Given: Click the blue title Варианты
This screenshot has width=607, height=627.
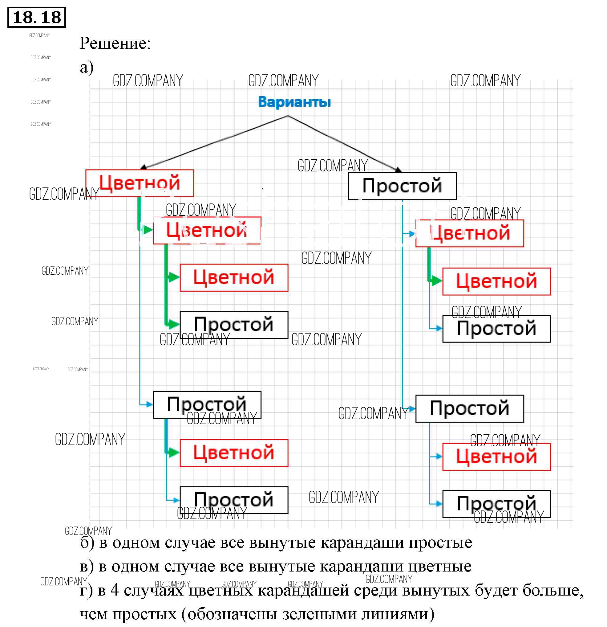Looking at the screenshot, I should [294, 102].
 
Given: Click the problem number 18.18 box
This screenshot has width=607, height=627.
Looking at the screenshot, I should [36, 17].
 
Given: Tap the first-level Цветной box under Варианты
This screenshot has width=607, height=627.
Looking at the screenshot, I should [140, 183].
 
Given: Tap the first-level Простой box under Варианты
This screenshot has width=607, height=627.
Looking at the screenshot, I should [402, 186].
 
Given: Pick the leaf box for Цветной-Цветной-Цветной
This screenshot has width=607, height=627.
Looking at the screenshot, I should [234, 277].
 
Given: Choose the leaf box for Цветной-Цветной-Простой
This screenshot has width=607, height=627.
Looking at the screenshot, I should [234, 325].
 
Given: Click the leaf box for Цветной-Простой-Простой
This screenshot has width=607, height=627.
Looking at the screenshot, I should [234, 500].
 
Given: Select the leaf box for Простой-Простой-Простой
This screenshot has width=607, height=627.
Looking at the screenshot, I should [496, 504].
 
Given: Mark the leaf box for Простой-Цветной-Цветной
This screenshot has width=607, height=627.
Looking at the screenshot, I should [496, 281].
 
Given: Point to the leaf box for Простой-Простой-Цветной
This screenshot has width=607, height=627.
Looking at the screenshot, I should [496, 457].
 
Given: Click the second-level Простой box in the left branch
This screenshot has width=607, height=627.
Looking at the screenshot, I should [207, 405].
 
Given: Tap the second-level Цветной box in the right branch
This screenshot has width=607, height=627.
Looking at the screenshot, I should [470, 233].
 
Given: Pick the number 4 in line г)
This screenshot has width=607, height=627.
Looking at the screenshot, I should [115, 591].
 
